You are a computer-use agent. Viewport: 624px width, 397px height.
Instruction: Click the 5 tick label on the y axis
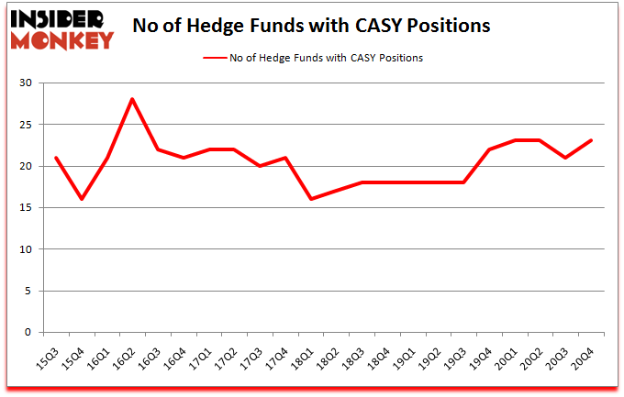[x=28, y=292]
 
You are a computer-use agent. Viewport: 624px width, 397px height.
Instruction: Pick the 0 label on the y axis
[x=28, y=333]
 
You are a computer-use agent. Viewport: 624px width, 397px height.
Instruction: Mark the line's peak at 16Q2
[x=133, y=99]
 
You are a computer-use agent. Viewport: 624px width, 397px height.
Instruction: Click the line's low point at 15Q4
[x=82, y=199]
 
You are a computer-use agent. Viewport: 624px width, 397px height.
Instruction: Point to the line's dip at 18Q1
[x=312, y=199]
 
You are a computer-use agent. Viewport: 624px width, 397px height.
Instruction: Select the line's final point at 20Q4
[x=592, y=140]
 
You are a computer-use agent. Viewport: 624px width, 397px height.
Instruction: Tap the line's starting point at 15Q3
[x=56, y=158]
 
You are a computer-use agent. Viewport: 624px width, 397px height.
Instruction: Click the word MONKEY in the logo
[x=61, y=39]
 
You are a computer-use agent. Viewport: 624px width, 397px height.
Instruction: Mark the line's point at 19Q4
[x=490, y=149]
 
